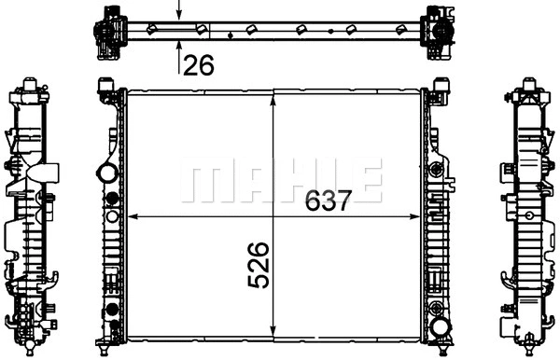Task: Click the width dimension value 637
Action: point(329,201)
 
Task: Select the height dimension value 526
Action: point(258,265)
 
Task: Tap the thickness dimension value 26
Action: point(199,65)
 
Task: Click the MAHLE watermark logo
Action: point(282,181)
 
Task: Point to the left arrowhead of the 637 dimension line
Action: point(133,216)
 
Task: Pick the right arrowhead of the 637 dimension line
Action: point(415,216)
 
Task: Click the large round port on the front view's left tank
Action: point(107,173)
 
